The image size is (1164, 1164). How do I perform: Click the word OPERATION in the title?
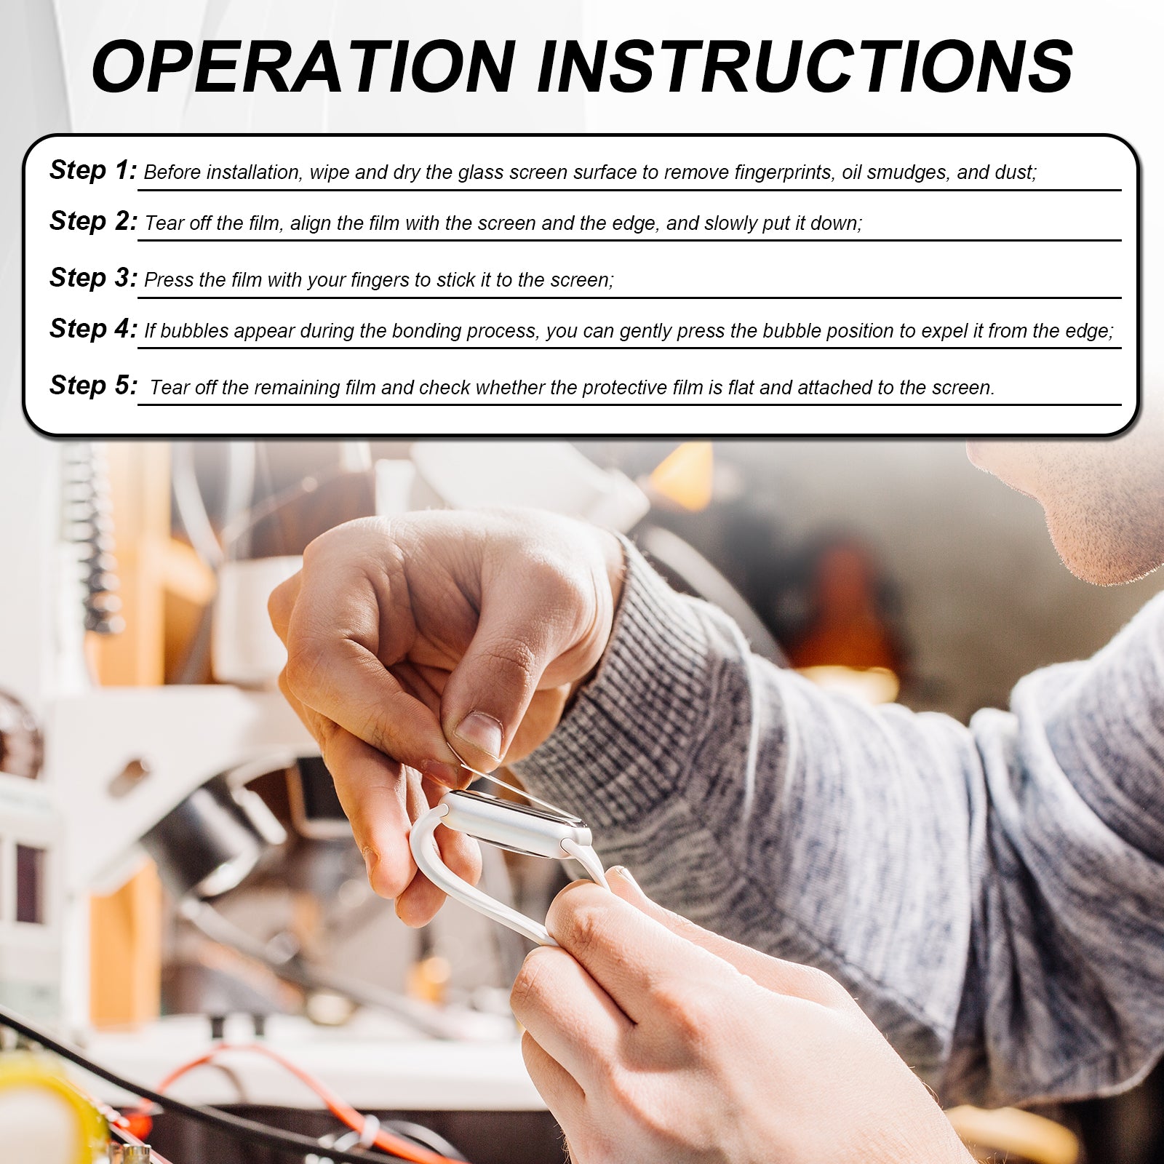[x=304, y=66]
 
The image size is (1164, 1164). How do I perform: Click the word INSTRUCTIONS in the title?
[x=805, y=66]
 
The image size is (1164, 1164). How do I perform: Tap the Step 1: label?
[x=93, y=170]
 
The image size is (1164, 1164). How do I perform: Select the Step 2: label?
[x=93, y=221]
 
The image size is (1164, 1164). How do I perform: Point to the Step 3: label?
[x=93, y=278]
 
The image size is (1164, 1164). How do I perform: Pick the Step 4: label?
[x=93, y=329]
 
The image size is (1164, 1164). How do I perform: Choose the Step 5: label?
[x=93, y=386]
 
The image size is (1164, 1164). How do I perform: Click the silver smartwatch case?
[x=515, y=823]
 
